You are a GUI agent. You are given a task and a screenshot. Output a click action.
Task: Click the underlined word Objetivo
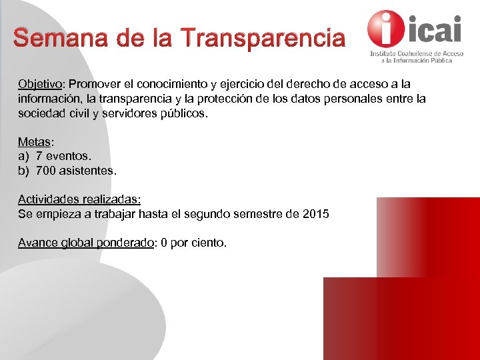click(x=39, y=85)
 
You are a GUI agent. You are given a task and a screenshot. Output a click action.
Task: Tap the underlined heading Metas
click(x=33, y=142)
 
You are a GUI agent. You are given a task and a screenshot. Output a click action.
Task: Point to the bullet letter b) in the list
click(x=24, y=171)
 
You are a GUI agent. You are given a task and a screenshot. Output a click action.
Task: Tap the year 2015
click(x=315, y=214)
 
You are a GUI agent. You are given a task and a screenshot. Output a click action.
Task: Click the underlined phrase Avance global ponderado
click(x=86, y=243)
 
